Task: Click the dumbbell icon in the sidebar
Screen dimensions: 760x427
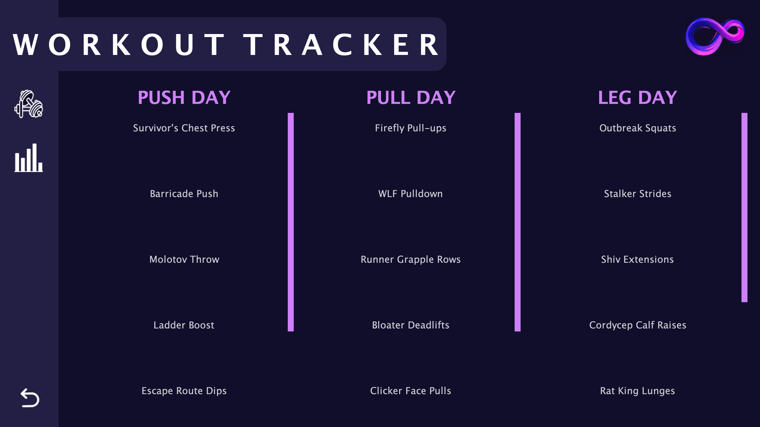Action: tap(29, 104)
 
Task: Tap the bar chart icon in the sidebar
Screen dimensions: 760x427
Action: tap(29, 158)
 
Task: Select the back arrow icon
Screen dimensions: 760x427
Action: tap(30, 397)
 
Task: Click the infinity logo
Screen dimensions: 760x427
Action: tap(715, 36)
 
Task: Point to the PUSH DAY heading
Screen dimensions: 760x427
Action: tap(184, 97)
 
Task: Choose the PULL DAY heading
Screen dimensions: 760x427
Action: tap(411, 97)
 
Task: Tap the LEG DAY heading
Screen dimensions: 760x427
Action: tap(637, 97)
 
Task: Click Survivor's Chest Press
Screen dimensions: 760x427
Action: tap(184, 128)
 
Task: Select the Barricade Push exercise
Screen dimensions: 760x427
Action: tap(184, 194)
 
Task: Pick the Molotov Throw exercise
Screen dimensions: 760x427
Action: tap(184, 259)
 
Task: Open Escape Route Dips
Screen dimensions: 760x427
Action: tap(184, 391)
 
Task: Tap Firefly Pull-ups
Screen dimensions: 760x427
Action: tap(410, 128)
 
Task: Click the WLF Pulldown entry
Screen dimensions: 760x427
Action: tap(410, 194)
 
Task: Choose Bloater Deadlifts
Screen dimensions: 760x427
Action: tap(410, 325)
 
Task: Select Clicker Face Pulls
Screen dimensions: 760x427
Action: tap(410, 391)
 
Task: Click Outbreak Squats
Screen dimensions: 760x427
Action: tap(638, 128)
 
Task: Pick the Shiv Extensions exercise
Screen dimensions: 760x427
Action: tap(637, 259)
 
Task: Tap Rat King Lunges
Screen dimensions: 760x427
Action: tap(637, 391)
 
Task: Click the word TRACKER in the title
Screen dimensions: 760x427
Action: tap(341, 45)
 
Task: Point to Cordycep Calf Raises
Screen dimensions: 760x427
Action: tap(638, 325)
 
